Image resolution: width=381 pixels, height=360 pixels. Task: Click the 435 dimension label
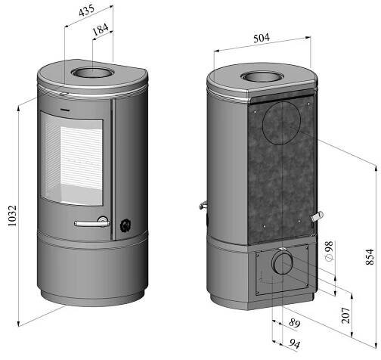tap(86, 11)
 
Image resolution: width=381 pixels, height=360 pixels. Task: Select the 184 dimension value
tap(101, 29)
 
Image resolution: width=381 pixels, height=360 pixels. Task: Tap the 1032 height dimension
tap(12, 216)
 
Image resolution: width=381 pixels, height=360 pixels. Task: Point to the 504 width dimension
tap(262, 38)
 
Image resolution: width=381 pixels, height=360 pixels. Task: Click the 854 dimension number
tap(370, 257)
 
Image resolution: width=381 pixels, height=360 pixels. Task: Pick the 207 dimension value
tap(345, 315)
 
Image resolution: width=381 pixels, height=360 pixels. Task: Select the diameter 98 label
tap(329, 251)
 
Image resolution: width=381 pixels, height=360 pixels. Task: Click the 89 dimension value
tap(294, 322)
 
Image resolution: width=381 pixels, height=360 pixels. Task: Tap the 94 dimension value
tap(294, 343)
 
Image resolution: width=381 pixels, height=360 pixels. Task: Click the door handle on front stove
tap(92, 223)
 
